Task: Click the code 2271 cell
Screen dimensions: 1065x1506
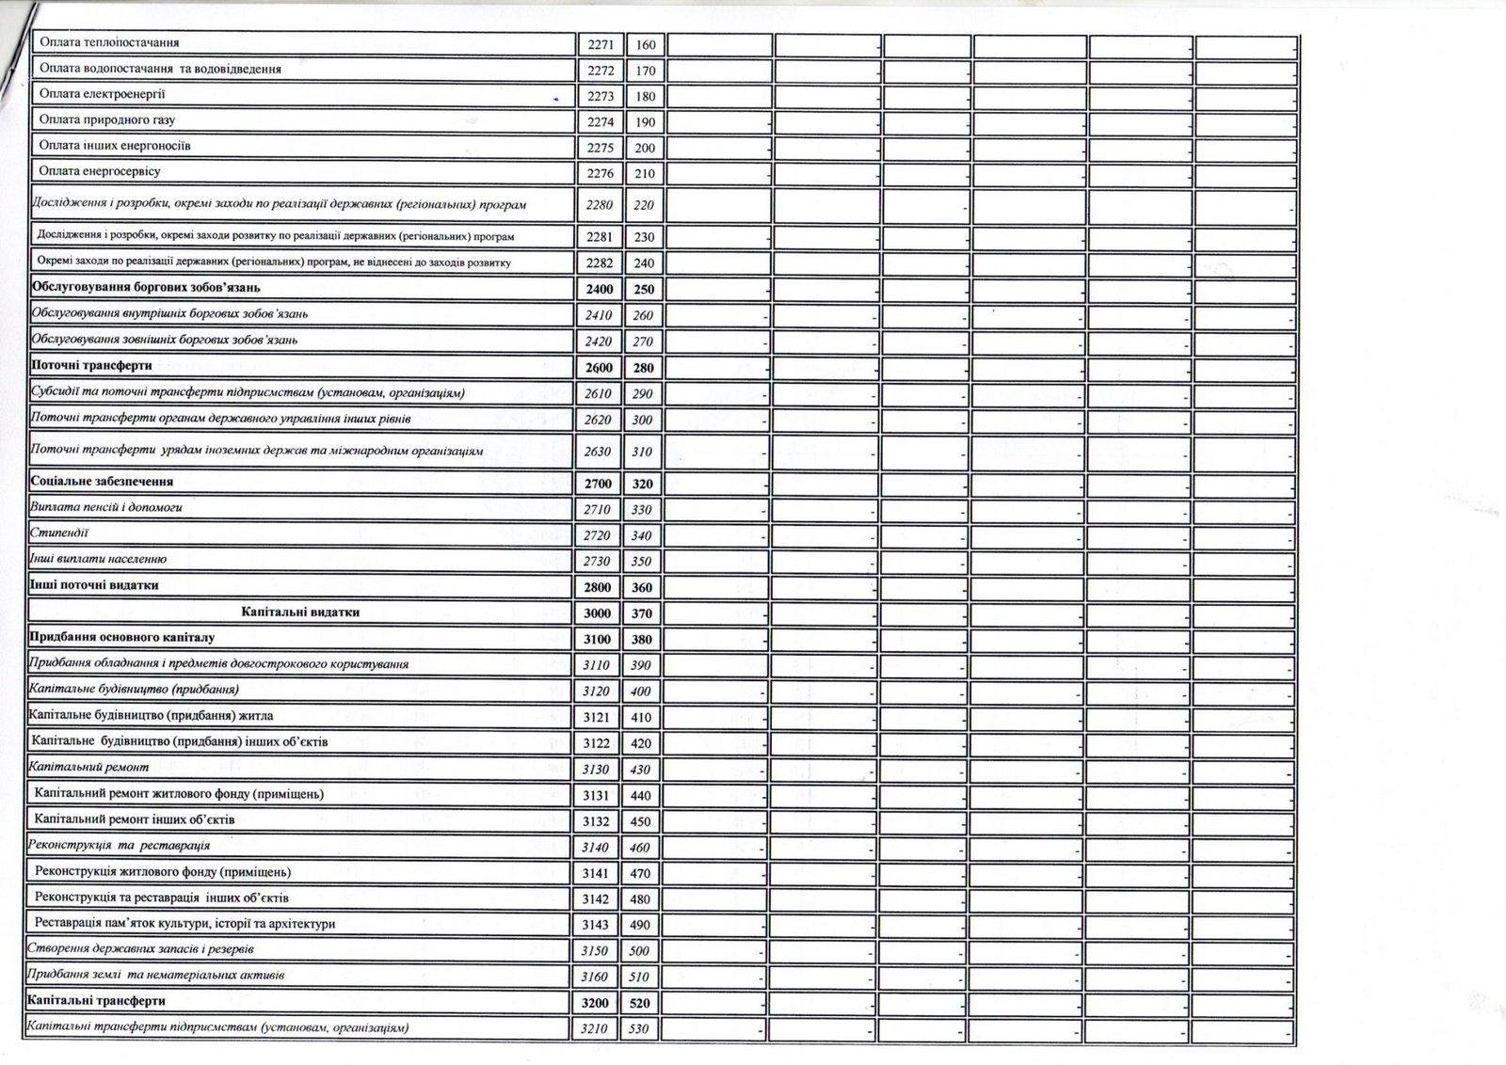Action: point(599,44)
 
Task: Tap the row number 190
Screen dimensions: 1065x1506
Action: point(645,122)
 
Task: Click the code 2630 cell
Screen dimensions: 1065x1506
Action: point(598,452)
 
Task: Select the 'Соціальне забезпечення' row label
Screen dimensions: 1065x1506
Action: point(102,481)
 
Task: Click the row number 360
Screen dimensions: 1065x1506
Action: point(643,588)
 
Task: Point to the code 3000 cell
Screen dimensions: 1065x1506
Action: point(598,613)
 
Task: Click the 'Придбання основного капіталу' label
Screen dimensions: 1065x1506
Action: point(122,638)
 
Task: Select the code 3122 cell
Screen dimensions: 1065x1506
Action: point(596,743)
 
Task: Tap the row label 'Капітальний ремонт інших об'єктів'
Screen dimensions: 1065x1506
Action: point(134,819)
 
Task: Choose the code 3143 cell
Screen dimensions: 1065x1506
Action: point(596,925)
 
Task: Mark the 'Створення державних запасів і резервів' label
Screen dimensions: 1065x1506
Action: point(141,949)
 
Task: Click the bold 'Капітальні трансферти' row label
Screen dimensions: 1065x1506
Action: point(97,1001)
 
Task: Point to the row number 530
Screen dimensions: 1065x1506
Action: point(639,1029)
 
